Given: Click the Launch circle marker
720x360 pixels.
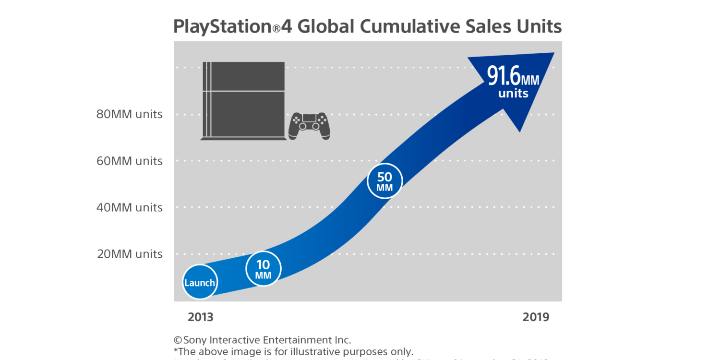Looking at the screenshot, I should pyautogui.click(x=200, y=282).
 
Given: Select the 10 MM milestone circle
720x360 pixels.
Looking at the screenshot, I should pyautogui.click(x=263, y=269).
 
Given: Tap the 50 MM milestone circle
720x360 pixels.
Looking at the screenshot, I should pyautogui.click(x=384, y=181).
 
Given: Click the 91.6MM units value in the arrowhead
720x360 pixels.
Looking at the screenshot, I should pyautogui.click(x=513, y=76).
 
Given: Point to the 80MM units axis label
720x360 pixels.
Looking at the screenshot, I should pyautogui.click(x=130, y=115).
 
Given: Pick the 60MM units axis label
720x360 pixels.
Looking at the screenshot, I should pyautogui.click(x=130, y=161).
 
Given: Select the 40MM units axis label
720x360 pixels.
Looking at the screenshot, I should pyautogui.click(x=130, y=208).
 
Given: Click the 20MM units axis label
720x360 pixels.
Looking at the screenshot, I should pyautogui.click(x=130, y=254).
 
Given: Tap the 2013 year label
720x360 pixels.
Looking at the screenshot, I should pyautogui.click(x=200, y=317).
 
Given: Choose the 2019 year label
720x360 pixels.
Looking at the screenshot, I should pyautogui.click(x=536, y=317).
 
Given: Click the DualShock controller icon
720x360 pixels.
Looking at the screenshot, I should pyautogui.click(x=309, y=126).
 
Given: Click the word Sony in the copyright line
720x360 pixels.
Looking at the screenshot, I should pyautogui.click(x=195, y=340).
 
